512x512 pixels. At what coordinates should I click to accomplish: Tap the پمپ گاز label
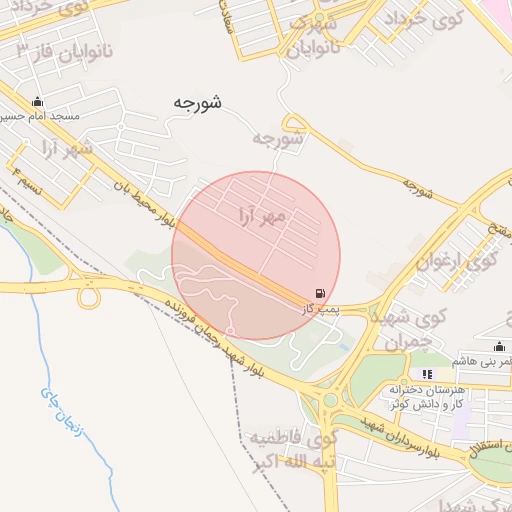pyautogui.click(x=322, y=311)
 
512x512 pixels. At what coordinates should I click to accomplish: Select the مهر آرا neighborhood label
pyautogui.click(x=264, y=215)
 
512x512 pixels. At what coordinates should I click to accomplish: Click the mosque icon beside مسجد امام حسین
pyautogui.click(x=38, y=101)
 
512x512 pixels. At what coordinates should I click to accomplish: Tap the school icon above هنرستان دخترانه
pyautogui.click(x=428, y=374)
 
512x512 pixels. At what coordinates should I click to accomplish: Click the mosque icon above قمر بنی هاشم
pyautogui.click(x=500, y=346)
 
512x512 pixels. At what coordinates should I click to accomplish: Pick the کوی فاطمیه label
pyautogui.click(x=295, y=438)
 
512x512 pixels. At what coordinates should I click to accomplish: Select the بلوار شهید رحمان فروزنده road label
pyautogui.click(x=210, y=331)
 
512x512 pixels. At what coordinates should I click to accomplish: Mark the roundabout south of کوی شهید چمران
pyautogui.click(x=330, y=400)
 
